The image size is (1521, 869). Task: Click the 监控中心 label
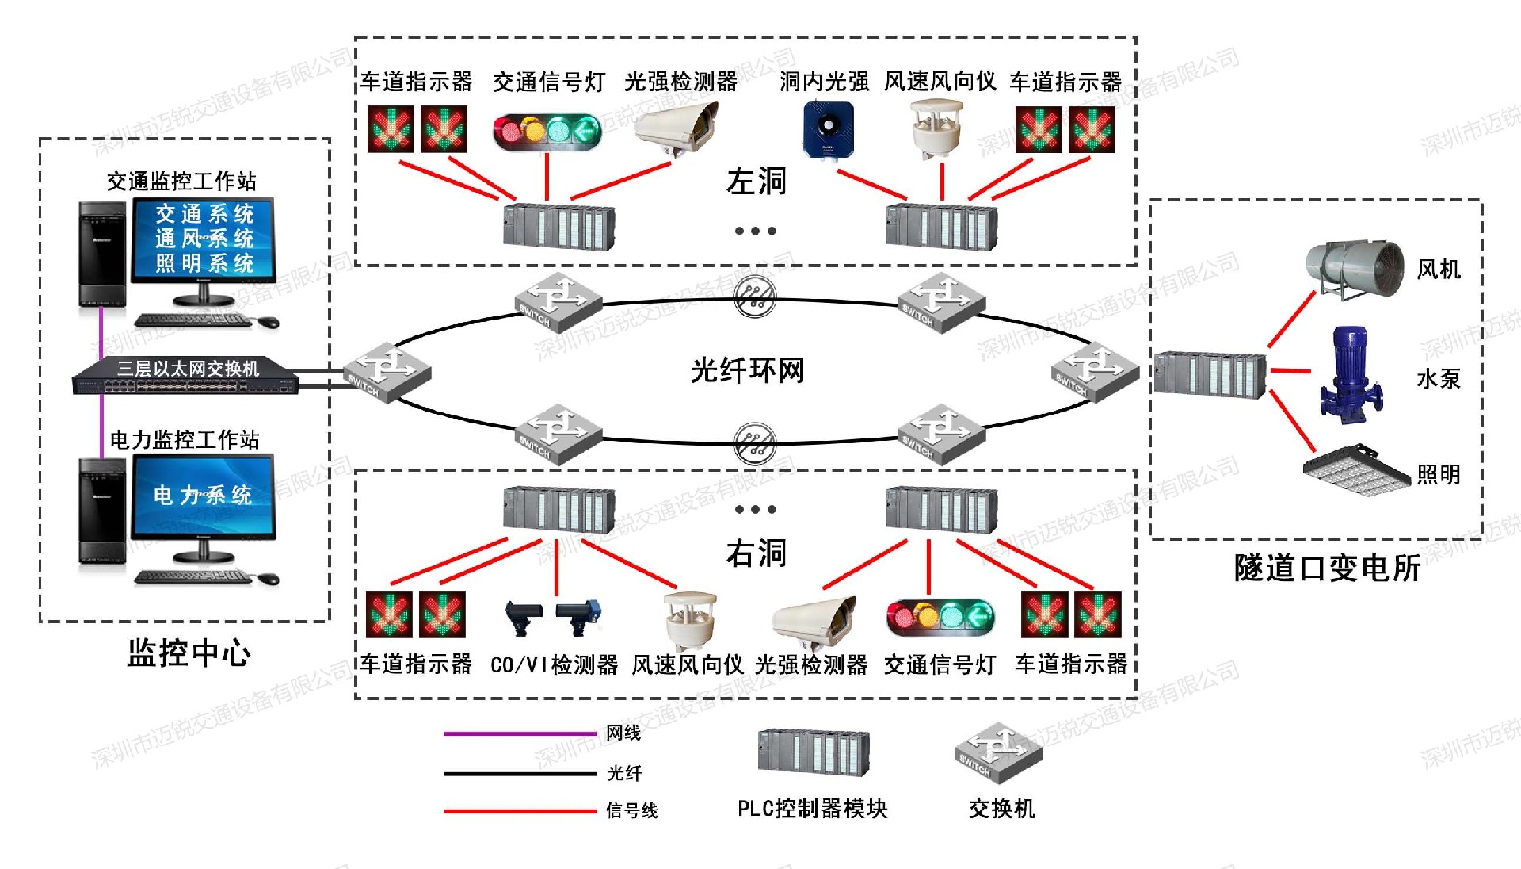(x=189, y=653)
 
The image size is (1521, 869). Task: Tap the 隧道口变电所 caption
(x=1327, y=568)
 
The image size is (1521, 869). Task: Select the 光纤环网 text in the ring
(x=747, y=370)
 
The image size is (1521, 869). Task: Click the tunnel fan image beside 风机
(x=1354, y=270)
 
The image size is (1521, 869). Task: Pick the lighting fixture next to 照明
(x=1355, y=470)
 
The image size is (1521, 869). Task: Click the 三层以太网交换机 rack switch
(x=187, y=376)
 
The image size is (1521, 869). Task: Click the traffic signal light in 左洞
(x=547, y=130)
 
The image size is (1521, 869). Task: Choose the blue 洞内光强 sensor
(x=828, y=128)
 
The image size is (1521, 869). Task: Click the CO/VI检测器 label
(x=554, y=664)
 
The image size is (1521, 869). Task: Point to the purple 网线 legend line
(x=519, y=733)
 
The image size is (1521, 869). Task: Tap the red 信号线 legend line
(x=519, y=811)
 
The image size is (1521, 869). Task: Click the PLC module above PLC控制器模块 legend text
(x=813, y=752)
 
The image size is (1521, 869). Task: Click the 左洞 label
(x=756, y=182)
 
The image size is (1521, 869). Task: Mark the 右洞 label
(x=756, y=553)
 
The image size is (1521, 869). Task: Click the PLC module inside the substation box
(x=1209, y=374)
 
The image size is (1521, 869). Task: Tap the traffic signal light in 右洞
(x=940, y=617)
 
